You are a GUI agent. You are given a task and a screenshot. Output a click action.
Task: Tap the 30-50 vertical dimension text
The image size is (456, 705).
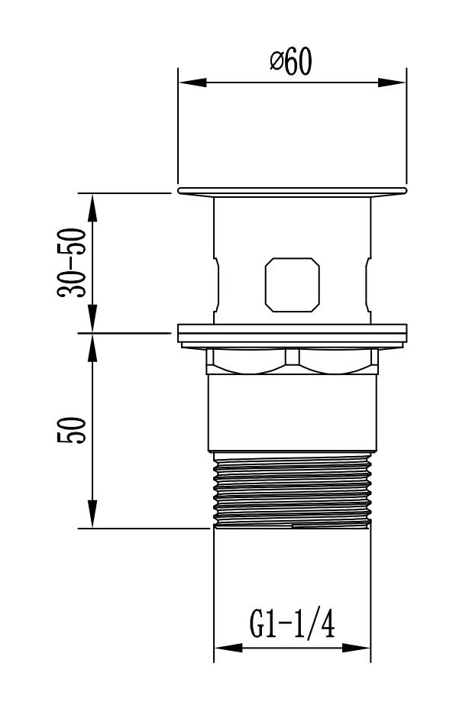point(71,263)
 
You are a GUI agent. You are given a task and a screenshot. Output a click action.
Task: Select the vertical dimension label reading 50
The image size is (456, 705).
point(71,430)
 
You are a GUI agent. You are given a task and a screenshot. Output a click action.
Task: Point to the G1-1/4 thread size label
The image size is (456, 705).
point(293,622)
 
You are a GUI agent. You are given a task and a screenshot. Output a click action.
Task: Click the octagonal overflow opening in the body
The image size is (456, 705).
point(293,285)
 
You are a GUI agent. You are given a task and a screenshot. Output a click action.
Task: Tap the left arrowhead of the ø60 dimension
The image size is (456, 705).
point(192,82)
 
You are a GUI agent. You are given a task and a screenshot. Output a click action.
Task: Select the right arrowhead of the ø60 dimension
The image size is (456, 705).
point(392,82)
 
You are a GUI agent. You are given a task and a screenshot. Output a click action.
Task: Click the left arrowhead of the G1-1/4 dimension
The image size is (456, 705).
point(228,648)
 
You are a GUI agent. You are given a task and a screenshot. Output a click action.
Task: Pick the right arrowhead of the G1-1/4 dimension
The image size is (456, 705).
point(356,648)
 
